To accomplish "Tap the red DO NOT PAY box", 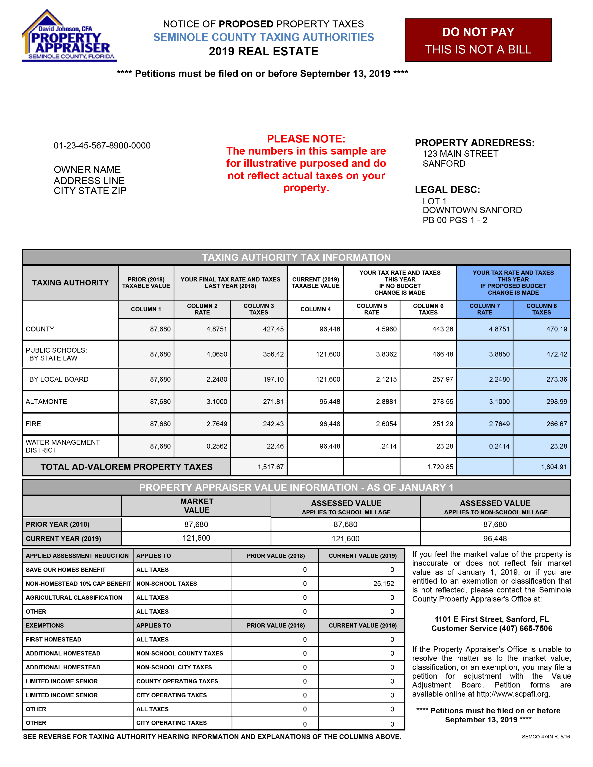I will tap(478, 40).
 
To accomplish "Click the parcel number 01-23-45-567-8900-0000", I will tap(102, 145).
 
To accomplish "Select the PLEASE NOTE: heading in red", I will tap(306, 139).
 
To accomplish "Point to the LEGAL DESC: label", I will tap(447, 190).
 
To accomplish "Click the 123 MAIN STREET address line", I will tap(460, 154).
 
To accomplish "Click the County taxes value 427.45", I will tap(273, 329).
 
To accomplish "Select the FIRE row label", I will tap(33, 424).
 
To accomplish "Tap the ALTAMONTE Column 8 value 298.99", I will tap(556, 401).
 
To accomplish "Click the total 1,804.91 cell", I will tap(554, 467).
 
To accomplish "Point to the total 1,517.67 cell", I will tap(270, 467).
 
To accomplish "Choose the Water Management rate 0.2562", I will tap(217, 446).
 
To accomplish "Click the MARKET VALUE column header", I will tap(197, 506).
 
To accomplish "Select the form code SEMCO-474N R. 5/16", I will tap(546, 737).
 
